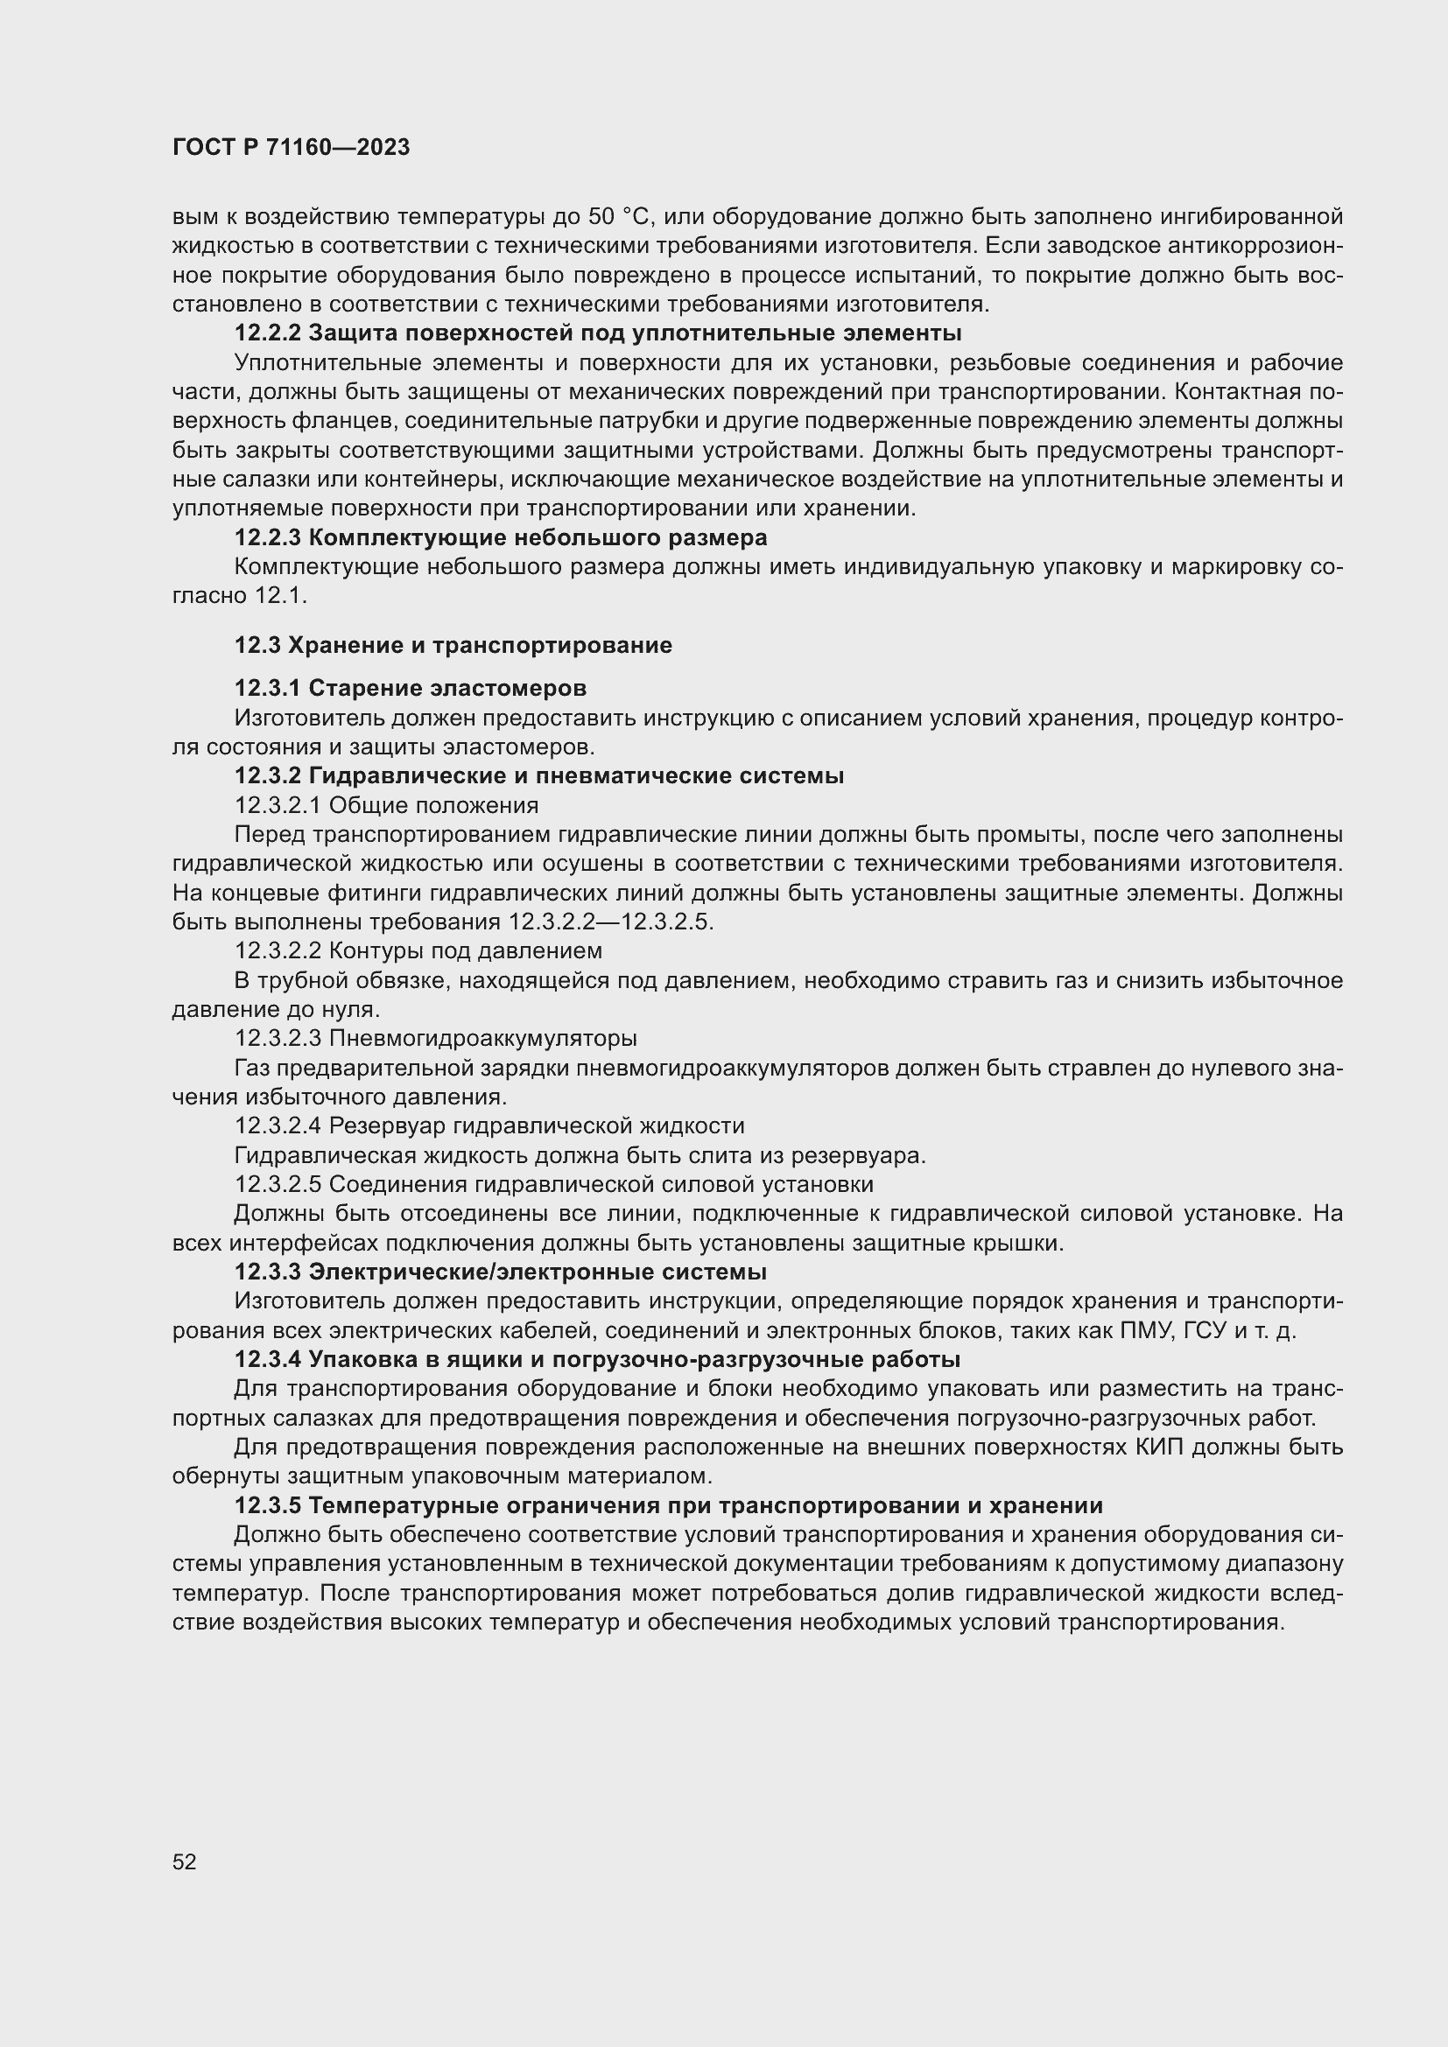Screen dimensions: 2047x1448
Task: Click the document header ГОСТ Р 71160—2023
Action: [291, 148]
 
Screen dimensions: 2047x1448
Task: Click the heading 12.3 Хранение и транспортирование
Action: [453, 646]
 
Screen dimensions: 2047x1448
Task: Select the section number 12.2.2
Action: [268, 333]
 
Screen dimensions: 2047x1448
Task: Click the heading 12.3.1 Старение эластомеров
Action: [410, 688]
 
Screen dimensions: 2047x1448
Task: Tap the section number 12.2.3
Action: [268, 537]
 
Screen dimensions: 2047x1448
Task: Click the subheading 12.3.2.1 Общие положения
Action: [386, 805]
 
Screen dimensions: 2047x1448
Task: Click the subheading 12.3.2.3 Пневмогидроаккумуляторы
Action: [435, 1038]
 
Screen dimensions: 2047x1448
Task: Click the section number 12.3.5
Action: [268, 1505]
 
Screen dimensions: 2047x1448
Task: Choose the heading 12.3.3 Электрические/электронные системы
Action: [499, 1272]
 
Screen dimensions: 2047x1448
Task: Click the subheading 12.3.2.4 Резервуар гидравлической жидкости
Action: [489, 1125]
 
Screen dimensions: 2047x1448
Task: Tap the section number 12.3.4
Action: [268, 1360]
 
